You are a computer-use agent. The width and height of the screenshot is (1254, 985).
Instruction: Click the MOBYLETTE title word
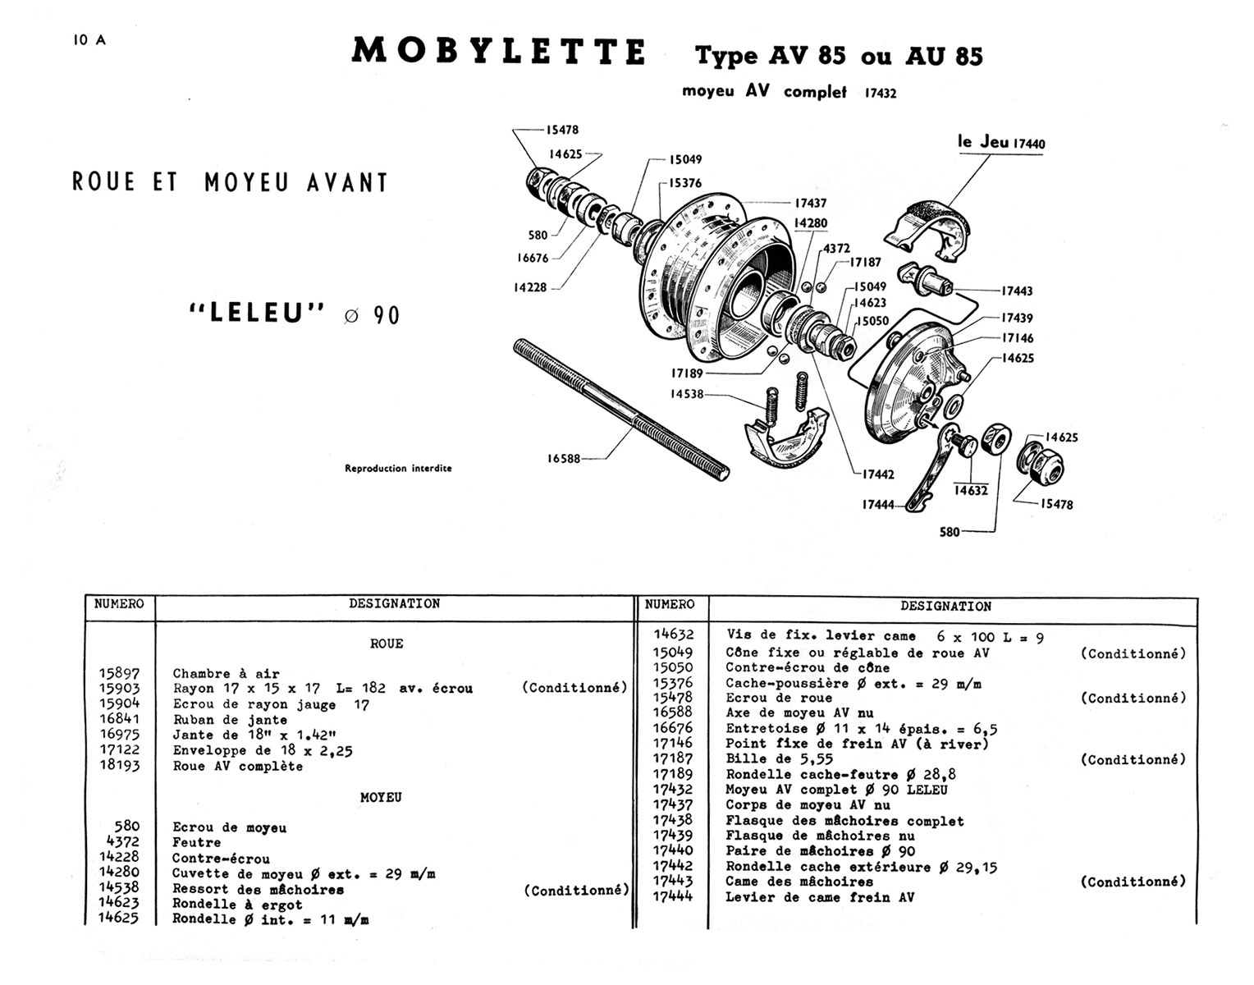(x=498, y=51)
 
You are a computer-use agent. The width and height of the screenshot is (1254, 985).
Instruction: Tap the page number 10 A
(x=89, y=41)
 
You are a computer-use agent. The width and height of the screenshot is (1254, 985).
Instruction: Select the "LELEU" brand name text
(x=258, y=314)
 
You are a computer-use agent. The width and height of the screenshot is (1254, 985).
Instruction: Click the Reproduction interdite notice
(x=398, y=469)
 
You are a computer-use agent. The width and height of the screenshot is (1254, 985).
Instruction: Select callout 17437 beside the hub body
(x=810, y=203)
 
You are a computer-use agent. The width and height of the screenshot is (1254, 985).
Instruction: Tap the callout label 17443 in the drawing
(x=1017, y=291)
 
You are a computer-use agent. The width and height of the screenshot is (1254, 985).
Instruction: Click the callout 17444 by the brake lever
(x=877, y=505)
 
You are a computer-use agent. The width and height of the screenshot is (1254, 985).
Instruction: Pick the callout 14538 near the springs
(x=686, y=394)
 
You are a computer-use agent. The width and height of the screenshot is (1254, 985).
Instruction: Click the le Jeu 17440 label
(x=1001, y=143)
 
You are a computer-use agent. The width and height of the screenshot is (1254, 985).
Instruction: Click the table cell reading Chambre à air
(x=226, y=674)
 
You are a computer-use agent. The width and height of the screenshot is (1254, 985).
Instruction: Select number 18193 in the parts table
(x=120, y=766)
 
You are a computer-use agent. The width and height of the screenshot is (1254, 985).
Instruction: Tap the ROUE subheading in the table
(x=387, y=644)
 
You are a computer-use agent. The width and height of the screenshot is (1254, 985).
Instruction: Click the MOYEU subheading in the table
(x=381, y=797)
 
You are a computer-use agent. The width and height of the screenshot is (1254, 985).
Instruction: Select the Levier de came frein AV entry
(x=819, y=897)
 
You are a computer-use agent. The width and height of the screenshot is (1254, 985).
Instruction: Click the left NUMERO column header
(x=119, y=604)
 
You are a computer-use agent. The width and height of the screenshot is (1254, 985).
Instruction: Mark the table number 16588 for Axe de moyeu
(x=672, y=712)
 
